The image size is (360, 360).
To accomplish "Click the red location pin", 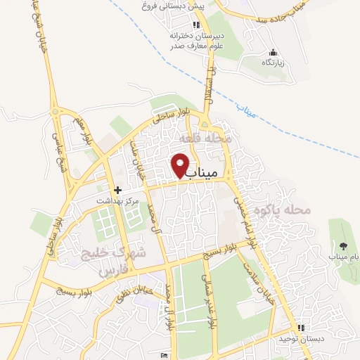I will coord(181,165).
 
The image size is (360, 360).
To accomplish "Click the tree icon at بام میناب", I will coord(343,245).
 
